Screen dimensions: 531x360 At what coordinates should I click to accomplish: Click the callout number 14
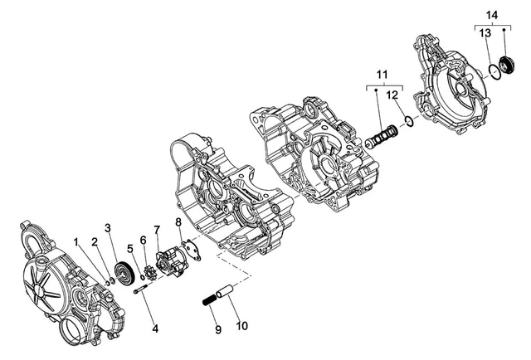[x=492, y=15]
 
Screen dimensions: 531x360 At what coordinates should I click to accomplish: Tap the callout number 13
[x=485, y=33]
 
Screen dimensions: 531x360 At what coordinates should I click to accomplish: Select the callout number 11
[x=382, y=74]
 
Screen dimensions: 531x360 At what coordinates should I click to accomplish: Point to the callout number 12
[x=392, y=95]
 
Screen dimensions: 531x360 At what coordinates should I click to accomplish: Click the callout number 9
[x=218, y=329]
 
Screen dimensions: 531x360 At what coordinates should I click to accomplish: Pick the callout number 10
[x=241, y=326]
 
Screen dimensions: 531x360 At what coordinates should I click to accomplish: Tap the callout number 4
[x=155, y=328]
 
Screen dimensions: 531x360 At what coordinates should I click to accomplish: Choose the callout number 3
[x=108, y=228]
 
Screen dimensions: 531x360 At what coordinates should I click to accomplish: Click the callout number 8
[x=178, y=222]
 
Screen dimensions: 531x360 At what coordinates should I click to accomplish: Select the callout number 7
[x=157, y=230]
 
